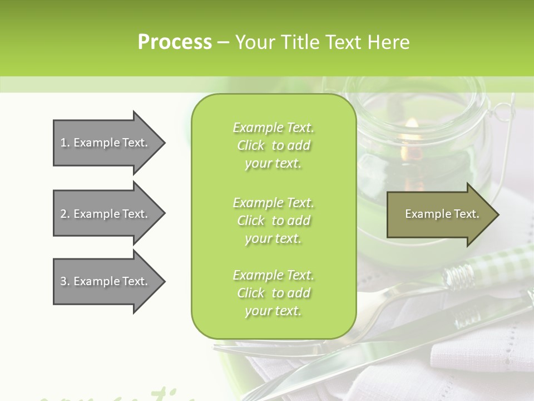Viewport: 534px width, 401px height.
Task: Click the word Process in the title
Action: (x=175, y=42)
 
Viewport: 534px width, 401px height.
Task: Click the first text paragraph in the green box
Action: (x=273, y=145)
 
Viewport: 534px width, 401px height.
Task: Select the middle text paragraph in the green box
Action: (x=273, y=221)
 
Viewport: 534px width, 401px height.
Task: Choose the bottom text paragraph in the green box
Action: (x=273, y=293)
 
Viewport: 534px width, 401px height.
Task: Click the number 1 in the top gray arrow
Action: (x=63, y=143)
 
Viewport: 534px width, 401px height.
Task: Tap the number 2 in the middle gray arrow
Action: (x=63, y=214)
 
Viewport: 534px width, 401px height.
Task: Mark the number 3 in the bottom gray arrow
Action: (x=63, y=281)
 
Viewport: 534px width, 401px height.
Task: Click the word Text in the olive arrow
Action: (x=466, y=214)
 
